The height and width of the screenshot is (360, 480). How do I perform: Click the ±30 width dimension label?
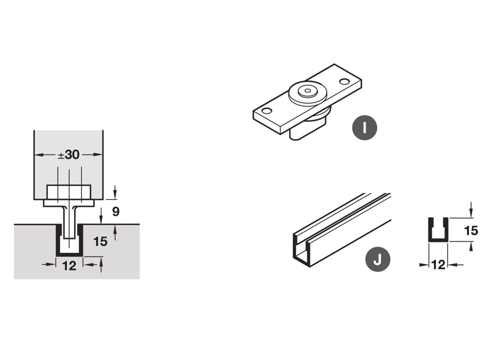pyautogui.click(x=69, y=155)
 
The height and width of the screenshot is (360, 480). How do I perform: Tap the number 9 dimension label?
pyautogui.click(x=115, y=211)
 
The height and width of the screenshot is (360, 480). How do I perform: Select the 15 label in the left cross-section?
pyautogui.click(x=100, y=241)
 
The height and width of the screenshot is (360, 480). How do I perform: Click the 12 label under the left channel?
pyautogui.click(x=69, y=266)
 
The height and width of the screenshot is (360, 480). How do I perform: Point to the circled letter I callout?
pyautogui.click(x=364, y=127)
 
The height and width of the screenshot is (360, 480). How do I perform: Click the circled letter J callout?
pyautogui.click(x=378, y=259)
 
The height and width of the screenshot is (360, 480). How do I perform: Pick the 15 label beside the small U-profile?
pyautogui.click(x=471, y=231)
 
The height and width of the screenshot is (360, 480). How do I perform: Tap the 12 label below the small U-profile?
pyautogui.click(x=438, y=265)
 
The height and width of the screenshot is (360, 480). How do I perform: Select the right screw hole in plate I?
pyautogui.click(x=344, y=81)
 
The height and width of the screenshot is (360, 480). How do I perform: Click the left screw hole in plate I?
pyautogui.click(x=267, y=111)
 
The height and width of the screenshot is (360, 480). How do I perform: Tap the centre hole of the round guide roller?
pyautogui.click(x=307, y=90)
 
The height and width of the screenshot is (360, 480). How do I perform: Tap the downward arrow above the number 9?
pyautogui.click(x=115, y=192)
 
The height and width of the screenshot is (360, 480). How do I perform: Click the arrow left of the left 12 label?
pyautogui.click(x=49, y=264)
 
